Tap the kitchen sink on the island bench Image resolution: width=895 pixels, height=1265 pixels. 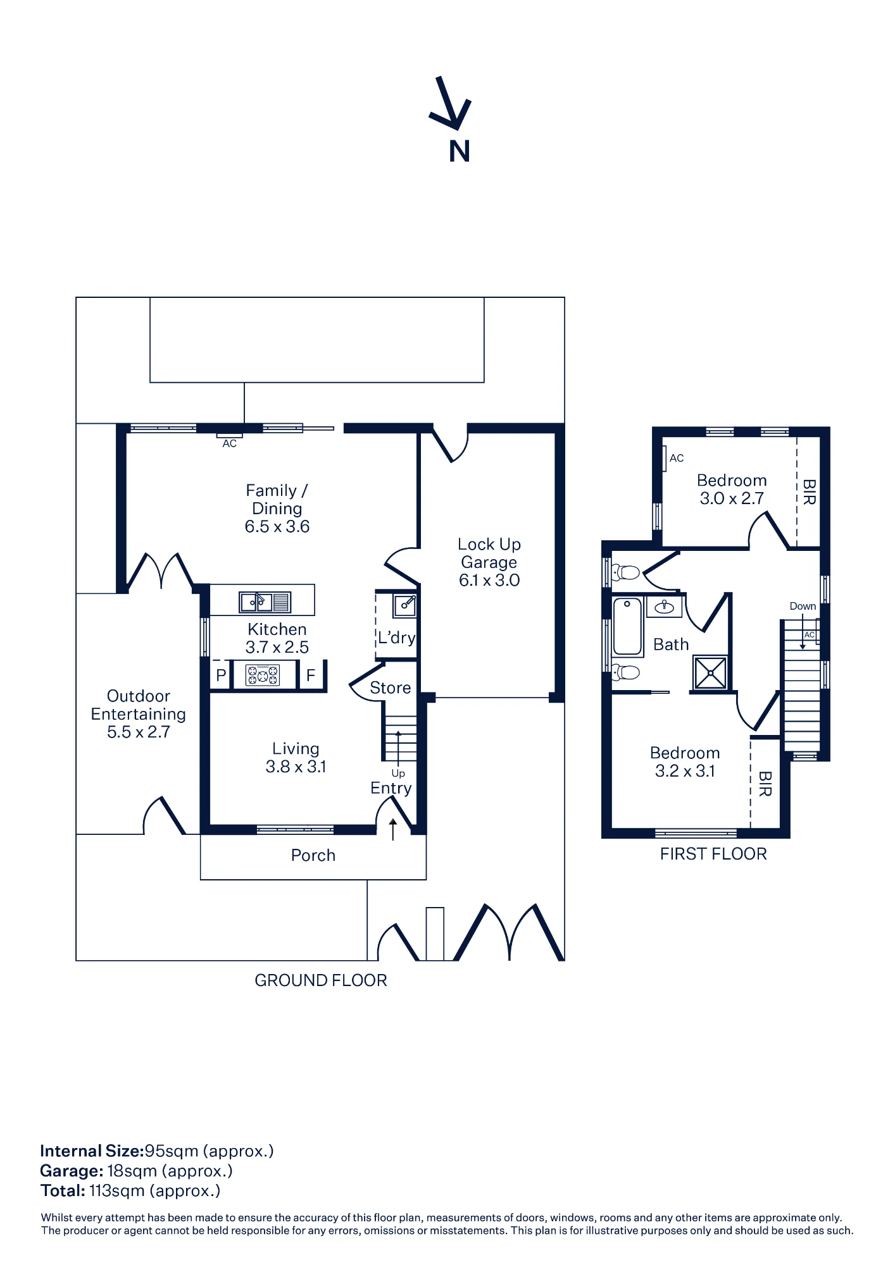coord(265,602)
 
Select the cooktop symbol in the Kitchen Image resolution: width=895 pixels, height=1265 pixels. coord(263,675)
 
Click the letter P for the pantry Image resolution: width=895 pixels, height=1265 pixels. coord(221,675)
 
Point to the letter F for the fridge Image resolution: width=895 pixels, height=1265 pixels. coord(311,675)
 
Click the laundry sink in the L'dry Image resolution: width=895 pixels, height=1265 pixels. coord(405,605)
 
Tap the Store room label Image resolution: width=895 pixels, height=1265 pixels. coord(391,688)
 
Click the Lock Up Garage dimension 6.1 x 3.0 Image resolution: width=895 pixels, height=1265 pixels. coord(489,580)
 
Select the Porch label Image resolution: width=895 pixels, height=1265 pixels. coord(313,855)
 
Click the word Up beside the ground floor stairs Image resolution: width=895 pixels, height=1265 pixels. coord(398,774)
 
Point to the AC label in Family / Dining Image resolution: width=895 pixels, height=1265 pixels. coord(230,444)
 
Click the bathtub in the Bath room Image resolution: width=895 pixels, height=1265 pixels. coord(628,626)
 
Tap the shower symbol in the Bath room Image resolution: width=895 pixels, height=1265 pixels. coord(710,672)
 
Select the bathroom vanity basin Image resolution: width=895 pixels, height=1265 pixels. coord(664,607)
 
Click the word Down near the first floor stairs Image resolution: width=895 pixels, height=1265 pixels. coord(803,606)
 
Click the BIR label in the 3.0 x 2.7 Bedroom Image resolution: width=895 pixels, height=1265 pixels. coord(809,492)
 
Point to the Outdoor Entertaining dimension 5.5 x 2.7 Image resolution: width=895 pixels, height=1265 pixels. coord(139,732)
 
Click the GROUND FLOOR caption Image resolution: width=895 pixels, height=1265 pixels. coord(321,980)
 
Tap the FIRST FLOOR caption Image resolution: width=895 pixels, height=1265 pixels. coord(713,854)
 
